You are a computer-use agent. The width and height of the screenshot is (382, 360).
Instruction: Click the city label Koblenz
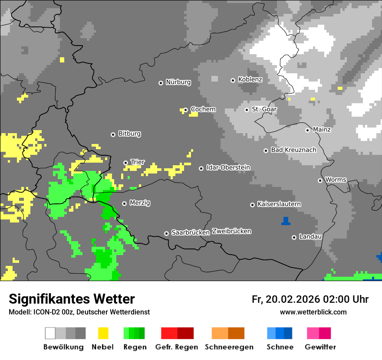[x=250, y=79]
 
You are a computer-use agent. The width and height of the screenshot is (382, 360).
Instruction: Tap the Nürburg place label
[x=178, y=82]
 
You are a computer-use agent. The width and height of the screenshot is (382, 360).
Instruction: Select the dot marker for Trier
[x=126, y=163]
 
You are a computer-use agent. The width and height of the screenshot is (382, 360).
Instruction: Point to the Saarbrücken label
[x=191, y=232]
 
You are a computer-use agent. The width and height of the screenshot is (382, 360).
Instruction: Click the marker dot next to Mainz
[x=307, y=130]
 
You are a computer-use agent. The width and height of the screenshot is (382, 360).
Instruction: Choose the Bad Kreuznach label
[x=293, y=150]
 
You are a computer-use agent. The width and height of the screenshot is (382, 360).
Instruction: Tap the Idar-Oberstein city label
[x=228, y=167]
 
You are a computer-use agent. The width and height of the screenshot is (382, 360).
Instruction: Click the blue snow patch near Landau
[x=285, y=221]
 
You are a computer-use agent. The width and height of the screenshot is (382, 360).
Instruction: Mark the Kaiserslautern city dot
[x=252, y=205]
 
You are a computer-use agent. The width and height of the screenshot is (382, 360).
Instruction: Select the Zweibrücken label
[x=231, y=231]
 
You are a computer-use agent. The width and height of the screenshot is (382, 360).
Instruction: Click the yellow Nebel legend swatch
[x=103, y=333]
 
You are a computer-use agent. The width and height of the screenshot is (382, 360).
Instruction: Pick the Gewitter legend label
[x=320, y=347]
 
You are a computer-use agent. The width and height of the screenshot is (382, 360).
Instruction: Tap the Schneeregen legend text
[x=229, y=347]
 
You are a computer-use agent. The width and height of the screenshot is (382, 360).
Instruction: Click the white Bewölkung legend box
[x=50, y=333]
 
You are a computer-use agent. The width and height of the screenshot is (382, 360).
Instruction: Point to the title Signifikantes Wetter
[x=72, y=299]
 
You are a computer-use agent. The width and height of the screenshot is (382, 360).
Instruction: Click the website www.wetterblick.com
[x=313, y=312]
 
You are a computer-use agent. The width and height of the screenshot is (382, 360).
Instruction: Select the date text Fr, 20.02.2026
[x=286, y=299]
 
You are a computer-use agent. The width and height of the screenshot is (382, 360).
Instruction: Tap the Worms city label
[x=336, y=180]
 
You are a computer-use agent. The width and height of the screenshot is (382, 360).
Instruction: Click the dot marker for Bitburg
[x=113, y=134]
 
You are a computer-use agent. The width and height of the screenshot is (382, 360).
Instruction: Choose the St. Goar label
[x=264, y=109]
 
